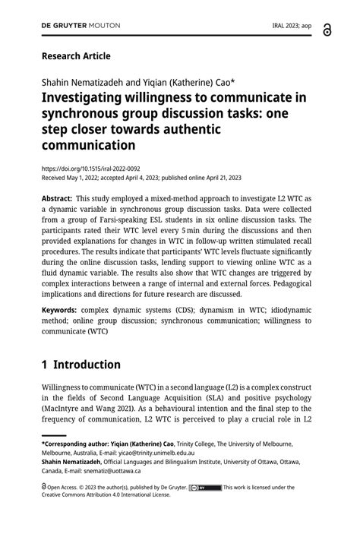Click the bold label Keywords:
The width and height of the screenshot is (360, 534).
(59, 310)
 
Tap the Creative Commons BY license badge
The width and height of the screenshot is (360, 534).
(205, 488)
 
